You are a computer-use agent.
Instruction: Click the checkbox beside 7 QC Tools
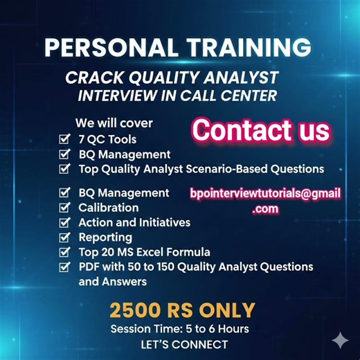pos(64,139)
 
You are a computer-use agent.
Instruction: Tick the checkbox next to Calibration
pos(64,208)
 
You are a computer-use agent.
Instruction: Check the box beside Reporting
pos(64,237)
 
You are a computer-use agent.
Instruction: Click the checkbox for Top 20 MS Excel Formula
pos(64,252)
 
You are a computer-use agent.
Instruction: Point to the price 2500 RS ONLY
pos(182,309)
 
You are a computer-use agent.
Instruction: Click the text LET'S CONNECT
pos(179,344)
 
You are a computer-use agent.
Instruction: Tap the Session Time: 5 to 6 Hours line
pos(179,328)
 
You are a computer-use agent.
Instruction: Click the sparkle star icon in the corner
pos(340,340)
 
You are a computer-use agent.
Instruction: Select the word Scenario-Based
pos(233,169)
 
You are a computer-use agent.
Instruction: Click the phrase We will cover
pos(114,124)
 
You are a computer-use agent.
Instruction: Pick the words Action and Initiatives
pos(134,222)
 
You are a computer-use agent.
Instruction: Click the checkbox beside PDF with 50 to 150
pos(64,267)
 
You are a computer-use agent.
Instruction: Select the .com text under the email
pos(265,208)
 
